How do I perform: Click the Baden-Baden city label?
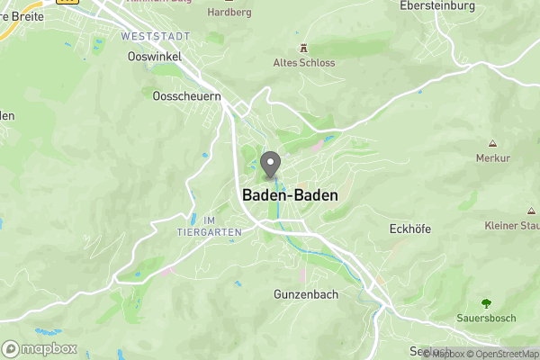coord(283,194)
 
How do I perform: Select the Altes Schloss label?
coord(304,63)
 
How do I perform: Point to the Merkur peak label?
coord(493,157)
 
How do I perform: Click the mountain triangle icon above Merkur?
coord(493,143)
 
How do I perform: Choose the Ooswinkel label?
coord(150,56)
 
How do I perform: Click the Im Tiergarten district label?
coord(211,226)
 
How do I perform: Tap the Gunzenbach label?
coord(305,294)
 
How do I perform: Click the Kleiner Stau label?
coord(512,225)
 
